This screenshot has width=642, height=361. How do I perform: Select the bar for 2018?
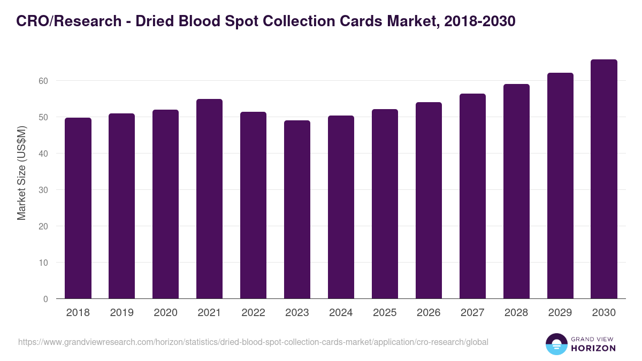tap(78, 208)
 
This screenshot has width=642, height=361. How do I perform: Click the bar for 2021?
tap(209, 199)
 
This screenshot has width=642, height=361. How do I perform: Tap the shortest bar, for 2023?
tap(297, 210)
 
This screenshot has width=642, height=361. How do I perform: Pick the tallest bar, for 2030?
tap(604, 179)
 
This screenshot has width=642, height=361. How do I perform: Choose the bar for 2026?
tap(429, 201)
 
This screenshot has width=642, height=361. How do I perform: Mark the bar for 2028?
tap(516, 191)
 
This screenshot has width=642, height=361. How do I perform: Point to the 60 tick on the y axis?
tap(43, 81)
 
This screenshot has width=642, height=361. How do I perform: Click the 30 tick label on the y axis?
tap(43, 190)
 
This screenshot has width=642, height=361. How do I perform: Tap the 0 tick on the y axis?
tap(45, 299)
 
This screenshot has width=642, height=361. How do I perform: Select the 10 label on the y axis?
tap(43, 263)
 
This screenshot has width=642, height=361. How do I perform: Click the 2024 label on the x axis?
tap(341, 313)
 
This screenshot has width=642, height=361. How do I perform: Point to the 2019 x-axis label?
tap(122, 313)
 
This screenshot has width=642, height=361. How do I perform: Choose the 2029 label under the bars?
tap(560, 313)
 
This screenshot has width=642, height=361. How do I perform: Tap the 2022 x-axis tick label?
tap(253, 313)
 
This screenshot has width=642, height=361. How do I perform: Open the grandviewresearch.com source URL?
tap(253, 342)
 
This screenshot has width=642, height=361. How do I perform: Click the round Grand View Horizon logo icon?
tap(556, 344)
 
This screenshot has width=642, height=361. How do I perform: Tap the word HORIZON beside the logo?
tap(593, 348)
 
